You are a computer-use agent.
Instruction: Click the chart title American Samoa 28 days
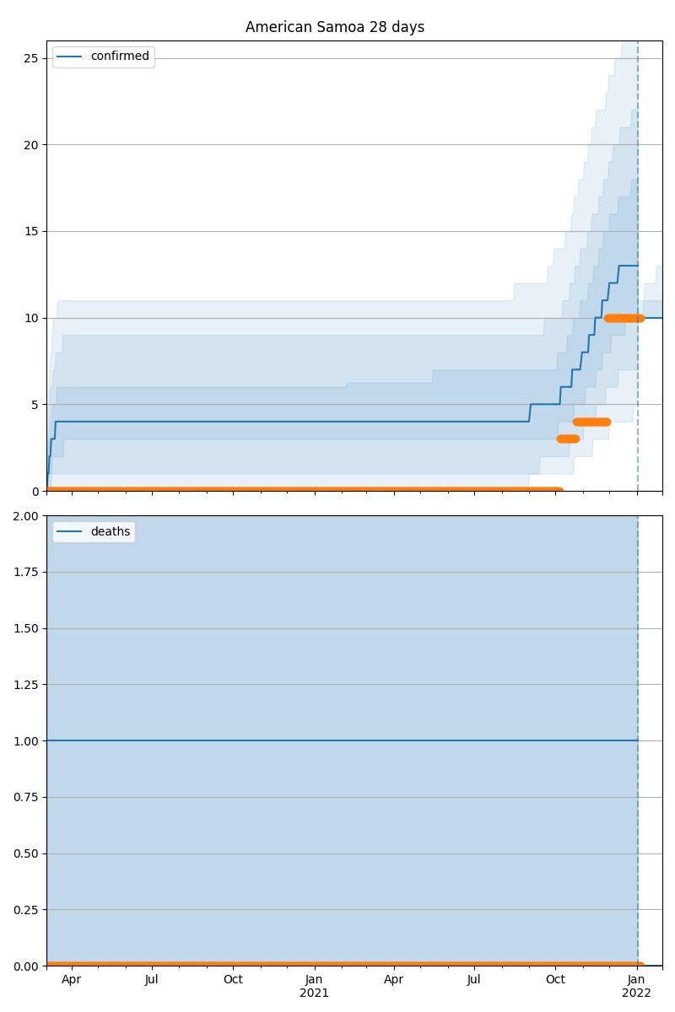335,27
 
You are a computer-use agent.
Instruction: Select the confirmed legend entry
119,57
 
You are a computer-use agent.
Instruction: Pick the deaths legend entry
110,531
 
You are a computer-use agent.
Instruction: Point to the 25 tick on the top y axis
31,58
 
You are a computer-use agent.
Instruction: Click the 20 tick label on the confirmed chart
31,145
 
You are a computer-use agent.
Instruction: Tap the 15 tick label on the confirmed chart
31,231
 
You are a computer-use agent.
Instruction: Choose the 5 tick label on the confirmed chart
35,404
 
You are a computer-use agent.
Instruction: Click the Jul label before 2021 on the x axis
152,980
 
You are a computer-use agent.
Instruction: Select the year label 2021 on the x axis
314,993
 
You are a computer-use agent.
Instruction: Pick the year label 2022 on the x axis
636,993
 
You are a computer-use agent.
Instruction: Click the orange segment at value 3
568,439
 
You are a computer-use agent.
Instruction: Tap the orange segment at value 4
591,422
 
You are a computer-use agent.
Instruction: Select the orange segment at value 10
624,318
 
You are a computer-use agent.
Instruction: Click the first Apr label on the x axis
72,980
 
